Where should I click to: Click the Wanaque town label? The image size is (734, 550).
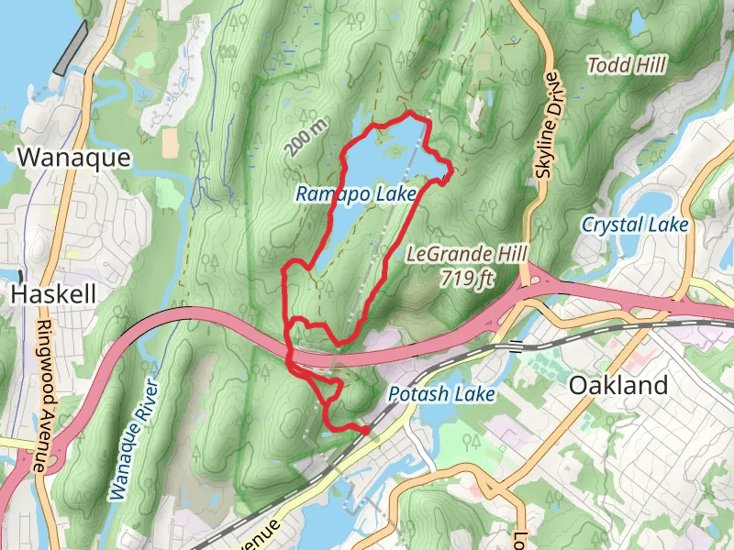coord(74,158)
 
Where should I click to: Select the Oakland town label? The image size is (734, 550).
coord(618,386)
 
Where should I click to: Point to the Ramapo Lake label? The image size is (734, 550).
coord(356,194)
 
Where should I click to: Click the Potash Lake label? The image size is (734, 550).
coord(440,394)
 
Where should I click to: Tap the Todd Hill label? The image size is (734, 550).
coord(627,64)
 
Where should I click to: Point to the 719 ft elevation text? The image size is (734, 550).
coord(466,277)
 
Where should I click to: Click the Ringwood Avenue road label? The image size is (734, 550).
coord(40,394)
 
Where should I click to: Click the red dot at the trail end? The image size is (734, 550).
coord(365,429)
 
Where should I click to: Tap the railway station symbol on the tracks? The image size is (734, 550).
coord(516,346)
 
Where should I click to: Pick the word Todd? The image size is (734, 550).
coord(605,64)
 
